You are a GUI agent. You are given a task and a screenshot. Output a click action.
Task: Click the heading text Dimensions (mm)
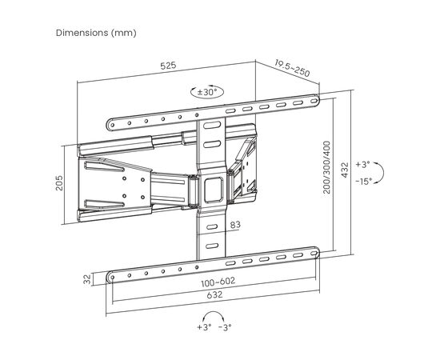(x=96, y=33)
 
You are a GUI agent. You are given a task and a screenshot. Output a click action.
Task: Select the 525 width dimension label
(x=168, y=66)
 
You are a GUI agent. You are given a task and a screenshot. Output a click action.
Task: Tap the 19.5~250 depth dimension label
(x=292, y=68)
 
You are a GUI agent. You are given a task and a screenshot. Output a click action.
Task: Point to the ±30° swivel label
(x=207, y=92)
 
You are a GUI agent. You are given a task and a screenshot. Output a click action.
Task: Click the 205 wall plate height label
(x=59, y=183)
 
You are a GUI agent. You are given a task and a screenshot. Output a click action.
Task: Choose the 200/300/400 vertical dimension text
(x=327, y=167)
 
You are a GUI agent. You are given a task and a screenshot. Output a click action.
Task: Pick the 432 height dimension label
(x=345, y=170)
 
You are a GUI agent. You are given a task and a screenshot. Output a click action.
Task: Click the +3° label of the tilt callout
(x=362, y=164)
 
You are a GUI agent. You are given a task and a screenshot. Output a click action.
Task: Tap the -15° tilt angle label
(x=364, y=181)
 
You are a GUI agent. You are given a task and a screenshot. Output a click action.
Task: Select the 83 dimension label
(x=235, y=225)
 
